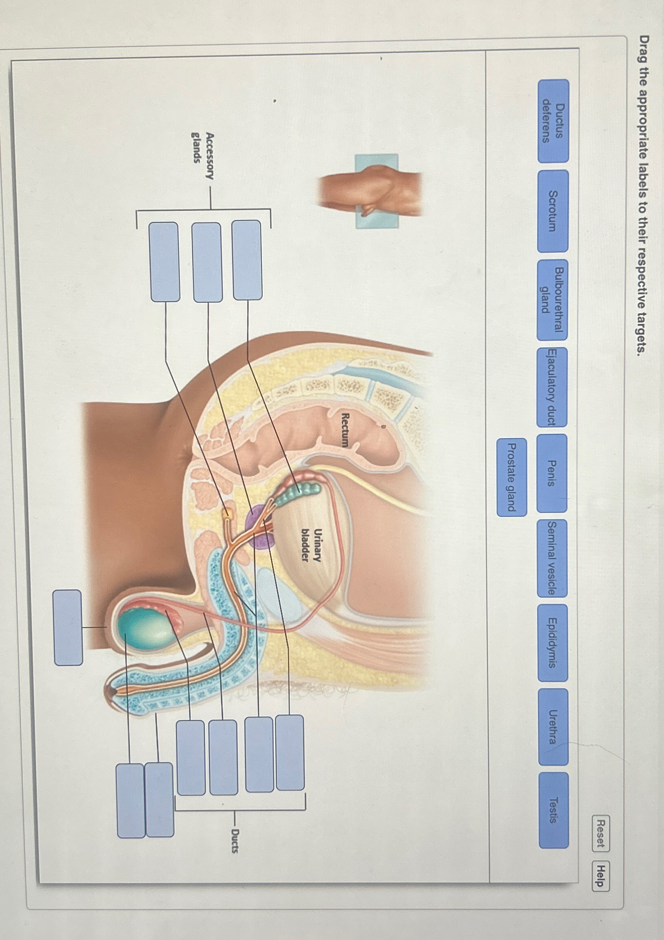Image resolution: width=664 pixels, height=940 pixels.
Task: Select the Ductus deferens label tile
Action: pos(553,121)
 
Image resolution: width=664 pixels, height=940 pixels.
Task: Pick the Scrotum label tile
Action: pos(553,211)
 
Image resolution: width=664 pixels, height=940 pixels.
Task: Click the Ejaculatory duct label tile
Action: pos(552,387)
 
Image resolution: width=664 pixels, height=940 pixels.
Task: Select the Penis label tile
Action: pos(552,473)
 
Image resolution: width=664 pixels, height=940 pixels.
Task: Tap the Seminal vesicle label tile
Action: pos(552,558)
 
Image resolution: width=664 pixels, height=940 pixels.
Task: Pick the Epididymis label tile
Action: pos(553,642)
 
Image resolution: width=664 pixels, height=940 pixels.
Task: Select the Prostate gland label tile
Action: pos(512,477)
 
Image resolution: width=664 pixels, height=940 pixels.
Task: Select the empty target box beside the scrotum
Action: pos(68,627)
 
